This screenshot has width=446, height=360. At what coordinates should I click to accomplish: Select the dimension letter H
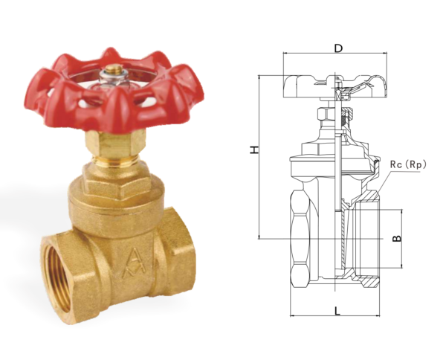[254, 150]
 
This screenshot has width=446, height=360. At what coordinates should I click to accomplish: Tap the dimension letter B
[398, 239]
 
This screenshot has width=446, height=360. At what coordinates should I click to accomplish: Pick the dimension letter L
[337, 310]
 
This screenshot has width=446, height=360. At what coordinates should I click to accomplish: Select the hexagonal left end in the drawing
[299, 238]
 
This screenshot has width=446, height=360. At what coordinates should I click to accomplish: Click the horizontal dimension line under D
[336, 54]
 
